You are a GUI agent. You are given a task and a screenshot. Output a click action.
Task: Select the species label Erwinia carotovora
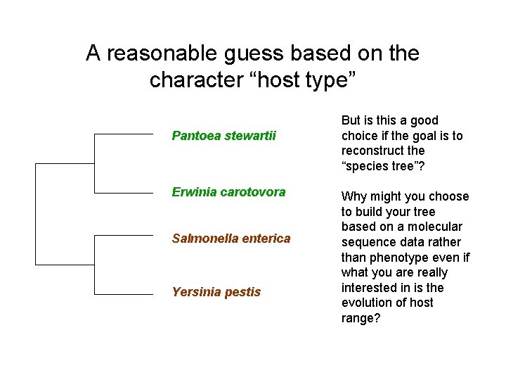coord(228,192)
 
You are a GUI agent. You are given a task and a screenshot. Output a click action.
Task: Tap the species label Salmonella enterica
coord(231,239)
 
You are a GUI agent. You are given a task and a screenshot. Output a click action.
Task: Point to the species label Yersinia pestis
coord(216,292)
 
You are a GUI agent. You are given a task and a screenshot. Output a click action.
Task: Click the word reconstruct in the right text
coord(373,151)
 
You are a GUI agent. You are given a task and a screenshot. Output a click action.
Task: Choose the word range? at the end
coord(362,318)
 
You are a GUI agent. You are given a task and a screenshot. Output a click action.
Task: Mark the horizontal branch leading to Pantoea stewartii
coord(124,134)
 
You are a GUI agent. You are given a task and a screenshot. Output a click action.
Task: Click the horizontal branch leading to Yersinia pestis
coord(124,293)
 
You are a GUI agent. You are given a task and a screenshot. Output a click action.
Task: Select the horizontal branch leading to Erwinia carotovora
coord(124,192)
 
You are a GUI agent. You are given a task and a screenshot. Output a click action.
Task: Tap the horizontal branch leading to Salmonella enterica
coord(124,236)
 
